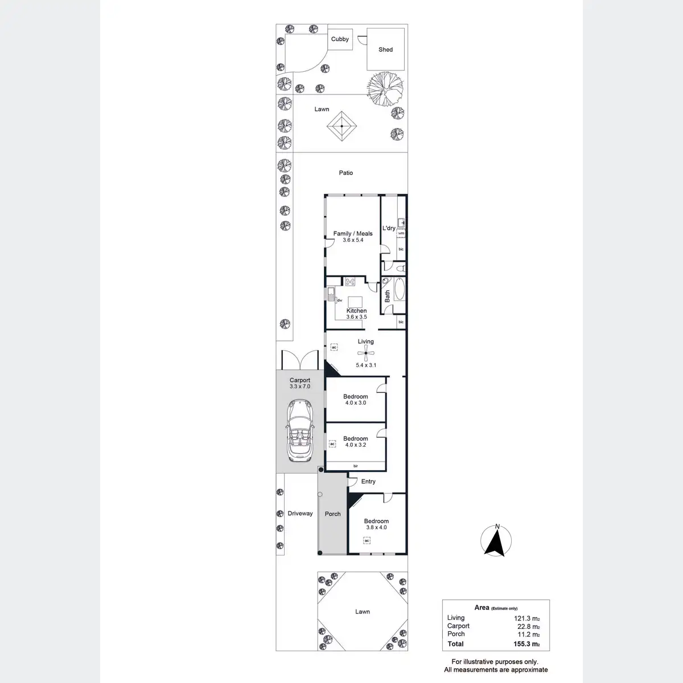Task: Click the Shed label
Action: click(x=385, y=50)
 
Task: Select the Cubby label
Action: click(x=340, y=39)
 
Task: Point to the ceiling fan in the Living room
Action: click(x=365, y=353)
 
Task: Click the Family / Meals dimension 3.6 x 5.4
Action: click(x=353, y=240)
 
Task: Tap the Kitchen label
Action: click(x=357, y=311)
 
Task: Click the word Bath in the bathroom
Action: click(x=387, y=296)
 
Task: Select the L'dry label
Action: click(x=389, y=228)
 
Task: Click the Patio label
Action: click(x=346, y=172)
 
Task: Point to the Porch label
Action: click(x=332, y=514)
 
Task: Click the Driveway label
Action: click(x=300, y=513)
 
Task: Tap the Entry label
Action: click(x=368, y=482)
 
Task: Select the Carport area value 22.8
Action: click(x=524, y=626)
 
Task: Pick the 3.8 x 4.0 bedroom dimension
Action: click(x=376, y=528)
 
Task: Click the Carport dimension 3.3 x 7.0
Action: click(x=300, y=386)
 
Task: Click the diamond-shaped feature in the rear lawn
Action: click(x=341, y=127)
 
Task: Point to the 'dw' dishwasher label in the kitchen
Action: click(x=339, y=301)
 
